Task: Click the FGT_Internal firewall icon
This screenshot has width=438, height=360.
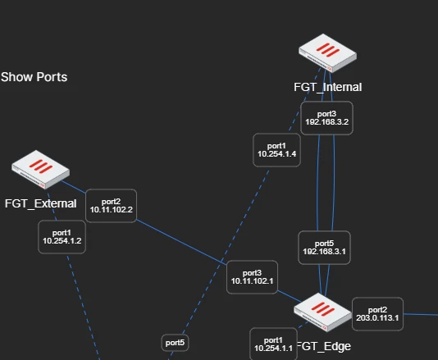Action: tap(327, 53)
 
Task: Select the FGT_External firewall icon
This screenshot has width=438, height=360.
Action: tap(40, 170)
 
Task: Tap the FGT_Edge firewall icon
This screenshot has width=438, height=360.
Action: tap(322, 312)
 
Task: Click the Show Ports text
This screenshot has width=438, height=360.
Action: tap(34, 77)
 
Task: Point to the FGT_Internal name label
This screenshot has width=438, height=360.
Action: tap(327, 87)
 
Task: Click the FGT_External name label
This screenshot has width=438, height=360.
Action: tap(40, 203)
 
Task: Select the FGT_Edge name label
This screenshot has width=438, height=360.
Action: tap(324, 346)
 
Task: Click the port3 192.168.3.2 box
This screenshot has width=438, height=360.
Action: tap(326, 118)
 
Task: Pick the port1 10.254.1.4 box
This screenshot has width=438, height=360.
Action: tap(276, 150)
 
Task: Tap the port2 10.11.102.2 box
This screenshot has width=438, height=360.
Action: tap(112, 206)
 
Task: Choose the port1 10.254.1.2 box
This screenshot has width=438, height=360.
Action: tap(62, 237)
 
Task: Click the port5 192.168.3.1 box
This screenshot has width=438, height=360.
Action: tap(324, 248)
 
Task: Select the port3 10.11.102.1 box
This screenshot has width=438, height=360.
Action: tap(252, 277)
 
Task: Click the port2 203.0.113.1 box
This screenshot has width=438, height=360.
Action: tap(377, 314)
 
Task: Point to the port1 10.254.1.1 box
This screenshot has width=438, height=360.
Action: tap(273, 344)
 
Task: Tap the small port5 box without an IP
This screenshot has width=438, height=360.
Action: tap(175, 343)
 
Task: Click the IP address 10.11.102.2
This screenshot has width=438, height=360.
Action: tap(112, 210)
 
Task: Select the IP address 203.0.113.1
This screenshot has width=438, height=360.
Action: tap(377, 318)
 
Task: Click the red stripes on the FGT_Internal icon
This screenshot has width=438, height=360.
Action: tap(327, 50)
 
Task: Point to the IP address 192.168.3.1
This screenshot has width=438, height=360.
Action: tap(324, 252)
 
